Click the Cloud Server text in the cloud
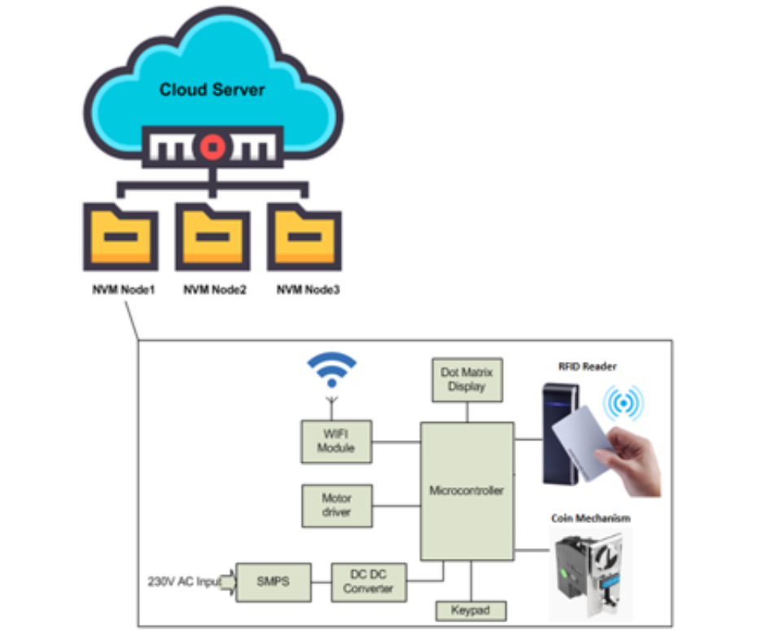tap(212, 89)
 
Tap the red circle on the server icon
tap(212, 147)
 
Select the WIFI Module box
tap(336, 442)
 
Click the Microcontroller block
tap(466, 491)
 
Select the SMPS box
tap(273, 582)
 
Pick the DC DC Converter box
tap(368, 582)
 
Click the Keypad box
tap(471, 610)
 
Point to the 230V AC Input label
tap(184, 582)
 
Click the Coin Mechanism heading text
tap(590, 517)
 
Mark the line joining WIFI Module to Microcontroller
tap(396, 443)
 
